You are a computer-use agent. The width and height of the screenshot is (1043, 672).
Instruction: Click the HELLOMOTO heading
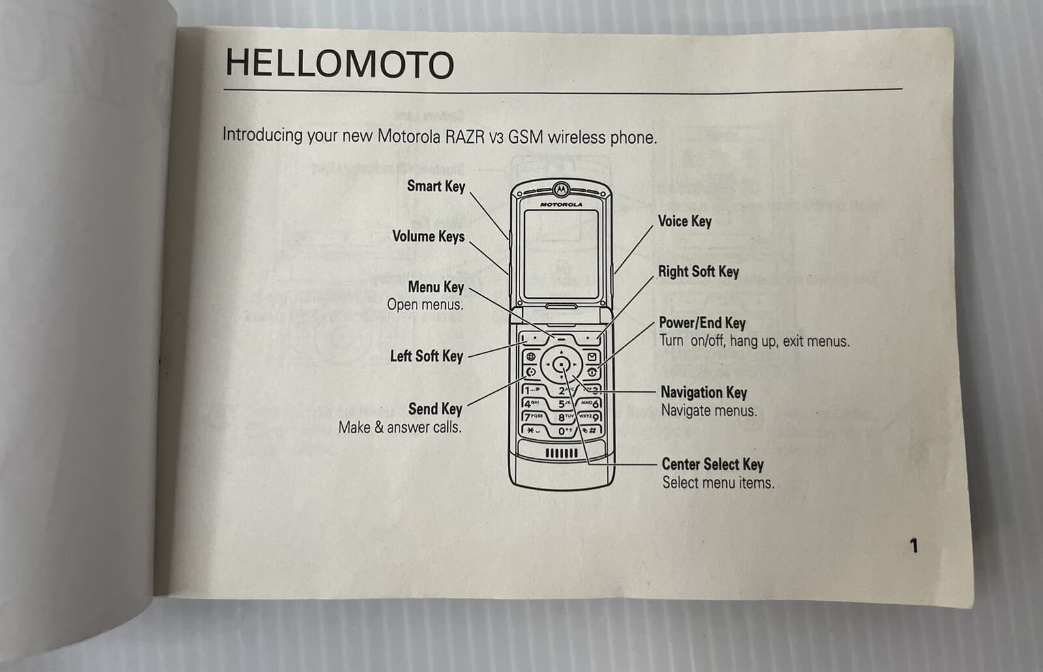pyautogui.click(x=339, y=65)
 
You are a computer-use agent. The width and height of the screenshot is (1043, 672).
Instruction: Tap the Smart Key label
pyautogui.click(x=435, y=187)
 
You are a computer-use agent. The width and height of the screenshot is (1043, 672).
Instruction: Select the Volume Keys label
pyautogui.click(x=428, y=236)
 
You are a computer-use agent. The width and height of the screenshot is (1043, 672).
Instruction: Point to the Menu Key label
pyautogui.click(x=435, y=287)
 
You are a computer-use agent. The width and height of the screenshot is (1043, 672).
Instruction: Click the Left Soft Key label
pyautogui.click(x=426, y=356)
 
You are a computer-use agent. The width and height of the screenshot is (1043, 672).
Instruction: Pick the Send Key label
pyautogui.click(x=435, y=409)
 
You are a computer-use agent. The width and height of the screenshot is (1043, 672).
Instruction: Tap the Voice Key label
pyautogui.click(x=684, y=221)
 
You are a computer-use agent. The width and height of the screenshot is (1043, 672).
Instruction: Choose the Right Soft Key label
pyautogui.click(x=698, y=271)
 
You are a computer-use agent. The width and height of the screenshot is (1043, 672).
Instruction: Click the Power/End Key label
pyautogui.click(x=702, y=323)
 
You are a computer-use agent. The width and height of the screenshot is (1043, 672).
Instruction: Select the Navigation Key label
pyautogui.click(x=703, y=392)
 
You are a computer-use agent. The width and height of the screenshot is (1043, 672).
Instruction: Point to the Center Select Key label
pyautogui.click(x=712, y=465)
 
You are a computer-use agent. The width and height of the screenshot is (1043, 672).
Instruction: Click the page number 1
pyautogui.click(x=914, y=545)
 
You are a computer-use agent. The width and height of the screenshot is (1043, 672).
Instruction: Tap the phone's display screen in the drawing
pyautogui.click(x=561, y=253)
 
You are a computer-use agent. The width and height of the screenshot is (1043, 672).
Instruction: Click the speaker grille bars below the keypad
pyautogui.click(x=561, y=453)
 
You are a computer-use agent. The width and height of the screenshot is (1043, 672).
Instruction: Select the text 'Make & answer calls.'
pyautogui.click(x=400, y=428)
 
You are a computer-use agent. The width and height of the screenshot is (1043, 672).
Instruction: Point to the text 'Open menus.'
pyautogui.click(x=425, y=305)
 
